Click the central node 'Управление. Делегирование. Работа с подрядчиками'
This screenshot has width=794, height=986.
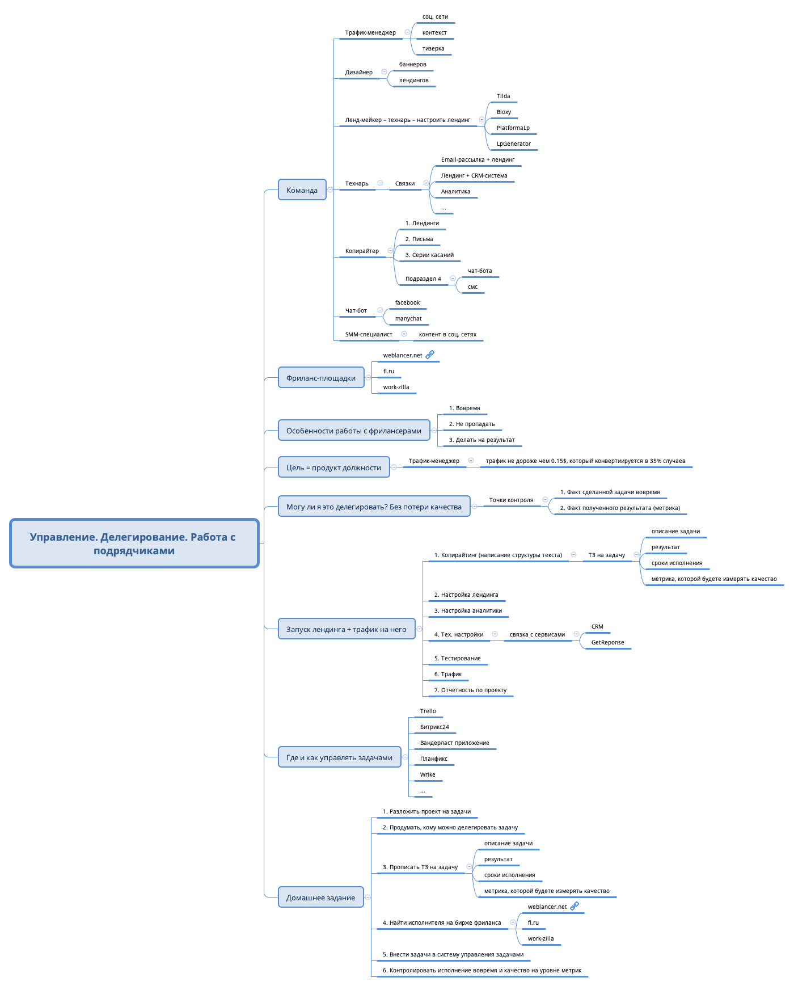click(x=134, y=543)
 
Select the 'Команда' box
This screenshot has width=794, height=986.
click(x=302, y=190)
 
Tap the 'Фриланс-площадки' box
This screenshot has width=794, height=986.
click(x=321, y=378)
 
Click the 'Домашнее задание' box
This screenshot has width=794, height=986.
click(x=320, y=897)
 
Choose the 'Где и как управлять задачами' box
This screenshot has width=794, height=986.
click(x=339, y=757)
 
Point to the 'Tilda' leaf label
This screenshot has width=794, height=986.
click(x=503, y=96)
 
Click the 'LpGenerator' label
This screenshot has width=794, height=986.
click(x=513, y=144)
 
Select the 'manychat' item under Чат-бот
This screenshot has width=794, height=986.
click(x=408, y=319)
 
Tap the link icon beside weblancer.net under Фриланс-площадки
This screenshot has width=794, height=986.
click(x=430, y=355)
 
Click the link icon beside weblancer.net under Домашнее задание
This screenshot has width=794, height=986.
click(x=575, y=906)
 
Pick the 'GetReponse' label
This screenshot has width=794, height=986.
click(x=607, y=643)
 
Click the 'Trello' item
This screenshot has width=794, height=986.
click(x=428, y=711)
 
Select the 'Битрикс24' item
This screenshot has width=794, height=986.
click(x=434, y=727)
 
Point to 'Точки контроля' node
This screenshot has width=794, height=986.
click(x=511, y=500)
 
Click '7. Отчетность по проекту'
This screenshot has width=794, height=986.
click(x=470, y=690)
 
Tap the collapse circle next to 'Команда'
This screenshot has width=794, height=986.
click(x=330, y=190)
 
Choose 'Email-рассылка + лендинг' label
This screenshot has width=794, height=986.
click(x=478, y=160)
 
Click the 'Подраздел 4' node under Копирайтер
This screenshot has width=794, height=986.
click(x=423, y=279)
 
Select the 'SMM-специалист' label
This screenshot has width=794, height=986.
click(x=369, y=335)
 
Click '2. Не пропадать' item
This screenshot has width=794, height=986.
click(x=472, y=424)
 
